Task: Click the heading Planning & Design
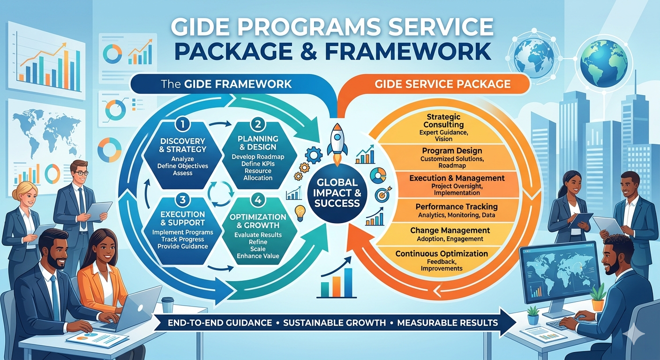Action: (x=258, y=143)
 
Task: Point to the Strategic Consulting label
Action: (x=443, y=120)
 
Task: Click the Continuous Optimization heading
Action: (x=442, y=254)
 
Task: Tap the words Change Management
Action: (x=450, y=230)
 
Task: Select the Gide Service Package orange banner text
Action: (x=442, y=84)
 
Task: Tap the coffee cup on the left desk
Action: (x=167, y=304)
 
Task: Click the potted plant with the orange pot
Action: (x=598, y=299)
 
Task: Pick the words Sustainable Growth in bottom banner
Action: (x=335, y=323)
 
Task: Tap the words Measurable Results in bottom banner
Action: (x=447, y=323)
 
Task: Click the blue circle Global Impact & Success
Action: (x=337, y=193)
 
